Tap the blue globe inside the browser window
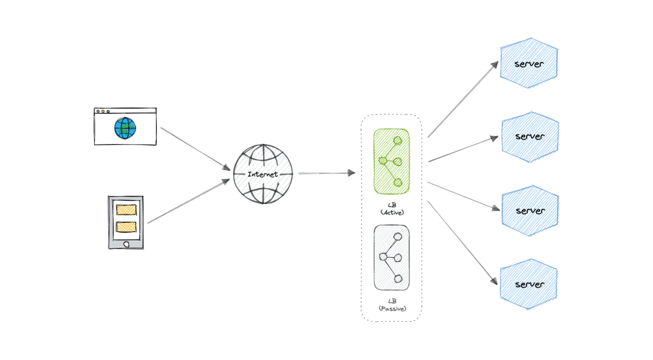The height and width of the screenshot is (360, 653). (x=125, y=128)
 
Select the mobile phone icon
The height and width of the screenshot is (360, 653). (x=126, y=222)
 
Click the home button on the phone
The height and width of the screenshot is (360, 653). (x=126, y=244)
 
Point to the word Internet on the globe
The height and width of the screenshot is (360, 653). (x=263, y=174)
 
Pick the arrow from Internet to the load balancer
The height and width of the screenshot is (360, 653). (x=326, y=173)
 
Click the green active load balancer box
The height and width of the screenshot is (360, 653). (x=391, y=161)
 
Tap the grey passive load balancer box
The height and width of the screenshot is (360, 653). (x=391, y=257)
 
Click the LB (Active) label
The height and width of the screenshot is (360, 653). (x=392, y=209)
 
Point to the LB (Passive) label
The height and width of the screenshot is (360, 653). (x=392, y=305)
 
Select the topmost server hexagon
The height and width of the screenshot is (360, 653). (x=529, y=63)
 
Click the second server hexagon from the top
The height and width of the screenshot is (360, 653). (x=530, y=136)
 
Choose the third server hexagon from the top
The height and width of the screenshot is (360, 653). (x=530, y=210)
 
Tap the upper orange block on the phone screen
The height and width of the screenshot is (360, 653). (x=126, y=210)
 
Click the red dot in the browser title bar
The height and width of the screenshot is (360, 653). (x=98, y=112)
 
